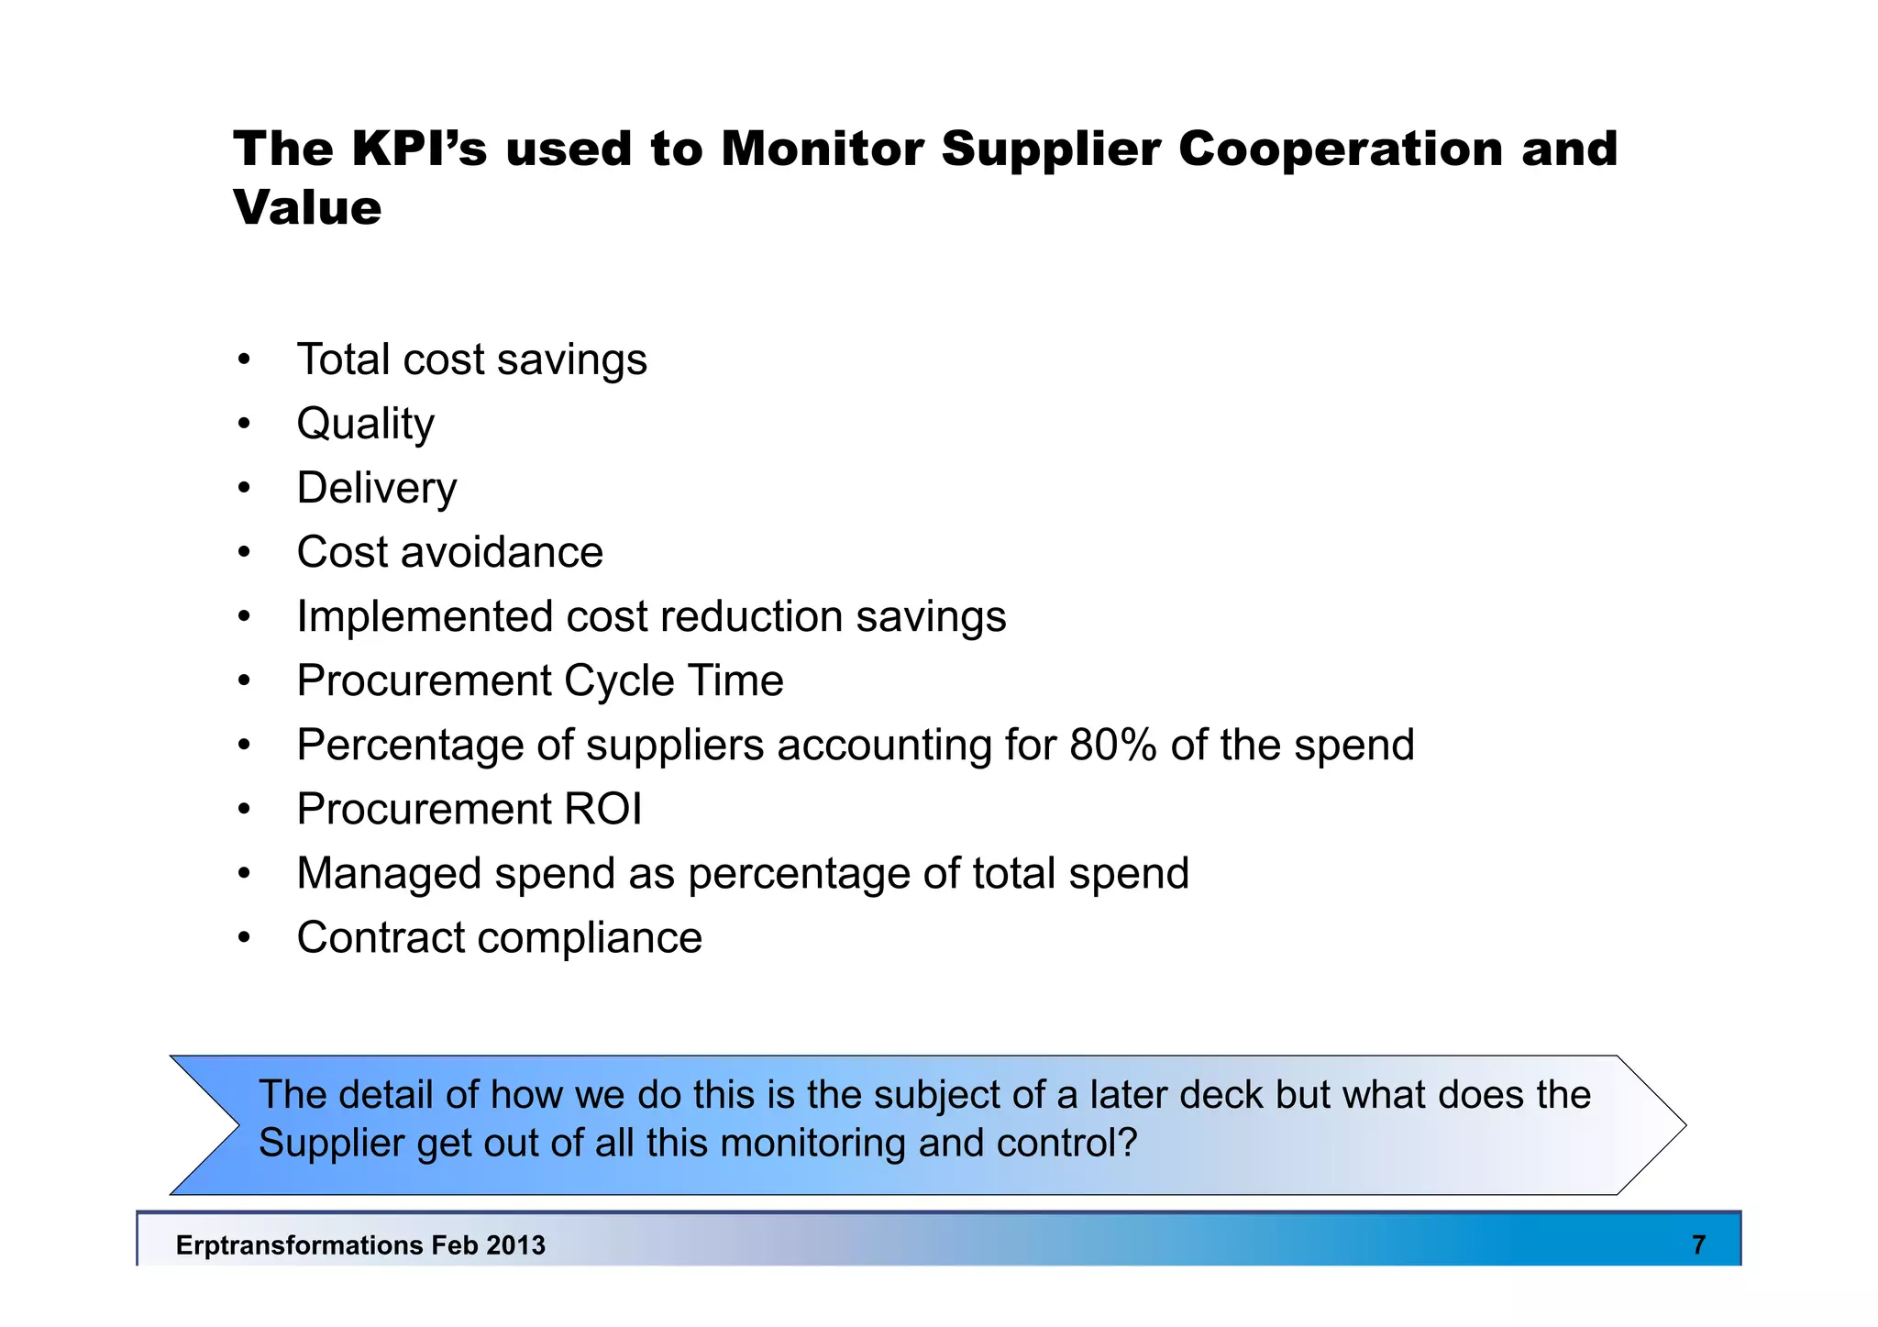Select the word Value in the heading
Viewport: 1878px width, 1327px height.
(307, 207)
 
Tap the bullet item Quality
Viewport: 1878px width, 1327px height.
(365, 425)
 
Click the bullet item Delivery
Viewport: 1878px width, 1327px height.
(376, 488)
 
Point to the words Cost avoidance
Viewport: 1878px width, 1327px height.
(449, 552)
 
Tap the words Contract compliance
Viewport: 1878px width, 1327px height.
(499, 938)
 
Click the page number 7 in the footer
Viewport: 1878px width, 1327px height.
(1698, 1244)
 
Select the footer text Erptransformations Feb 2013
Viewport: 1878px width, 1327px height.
(360, 1244)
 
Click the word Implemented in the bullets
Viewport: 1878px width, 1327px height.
(425, 616)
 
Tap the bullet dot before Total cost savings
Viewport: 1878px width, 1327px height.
(243, 359)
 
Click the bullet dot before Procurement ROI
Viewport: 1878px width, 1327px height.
(243, 810)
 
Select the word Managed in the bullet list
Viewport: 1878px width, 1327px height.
(389, 873)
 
